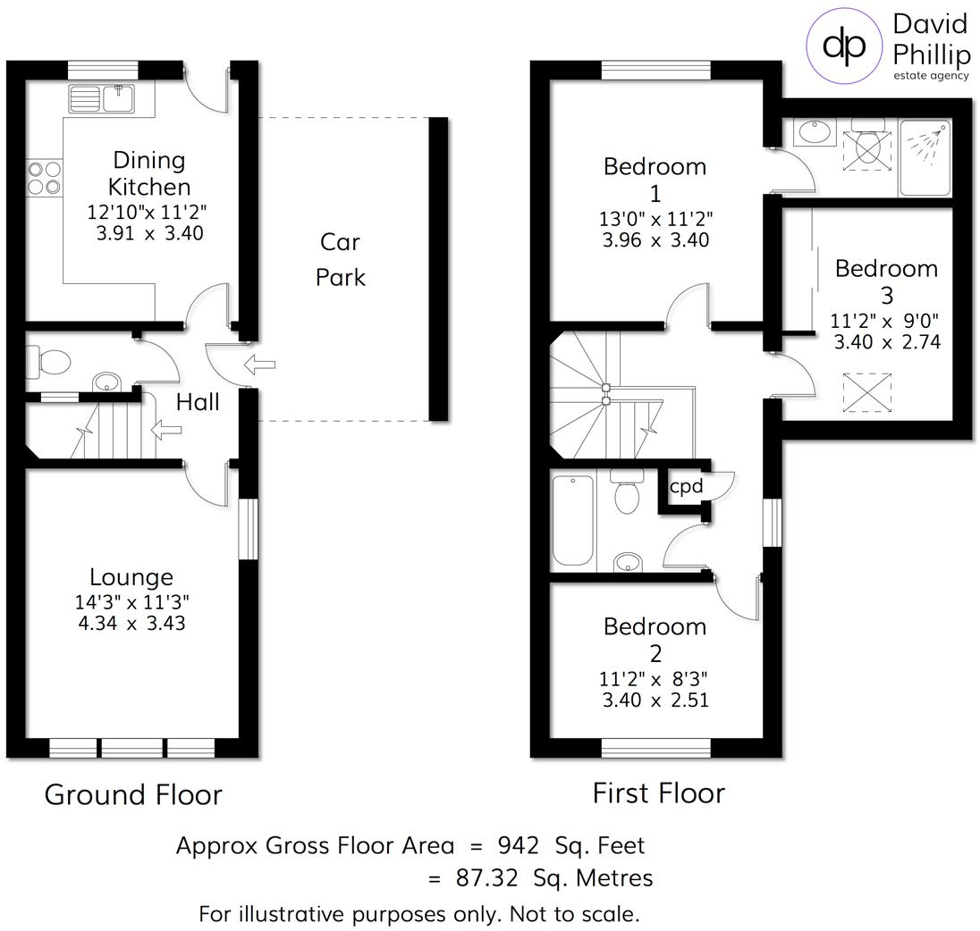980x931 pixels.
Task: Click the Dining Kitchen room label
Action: point(149,173)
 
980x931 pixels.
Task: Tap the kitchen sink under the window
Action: point(102,98)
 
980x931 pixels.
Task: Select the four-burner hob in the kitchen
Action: point(45,178)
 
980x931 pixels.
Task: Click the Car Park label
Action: point(340,259)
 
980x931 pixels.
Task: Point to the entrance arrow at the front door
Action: point(259,364)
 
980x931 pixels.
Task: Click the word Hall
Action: point(198,402)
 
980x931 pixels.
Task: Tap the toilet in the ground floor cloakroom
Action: point(49,362)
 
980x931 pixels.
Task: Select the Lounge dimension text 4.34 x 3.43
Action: point(131,623)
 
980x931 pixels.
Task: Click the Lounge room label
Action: point(131,577)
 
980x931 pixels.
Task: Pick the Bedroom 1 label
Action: point(655,180)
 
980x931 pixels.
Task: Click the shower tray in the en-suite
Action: point(925,156)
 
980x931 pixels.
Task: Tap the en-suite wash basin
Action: point(815,132)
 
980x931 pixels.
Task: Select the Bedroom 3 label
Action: point(886,281)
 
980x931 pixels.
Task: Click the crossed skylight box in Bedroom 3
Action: point(866,392)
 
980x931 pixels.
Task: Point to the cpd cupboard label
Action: point(686,486)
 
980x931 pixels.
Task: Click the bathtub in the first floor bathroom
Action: point(573,521)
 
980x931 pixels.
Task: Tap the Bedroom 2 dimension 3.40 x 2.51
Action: point(655,700)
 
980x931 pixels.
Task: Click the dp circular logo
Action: point(844,46)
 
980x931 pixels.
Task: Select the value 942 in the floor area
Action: point(518,845)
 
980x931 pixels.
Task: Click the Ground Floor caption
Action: point(133,795)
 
